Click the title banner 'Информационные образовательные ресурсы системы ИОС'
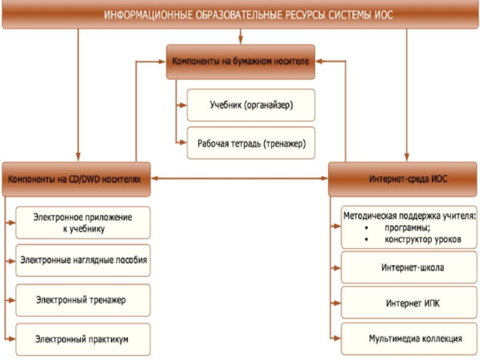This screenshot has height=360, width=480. point(240,14)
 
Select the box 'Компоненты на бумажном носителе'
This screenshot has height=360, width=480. point(240,61)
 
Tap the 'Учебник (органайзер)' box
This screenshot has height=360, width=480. point(251,105)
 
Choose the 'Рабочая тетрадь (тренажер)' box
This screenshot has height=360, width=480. point(251,143)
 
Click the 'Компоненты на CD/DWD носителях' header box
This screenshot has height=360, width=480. point(76,178)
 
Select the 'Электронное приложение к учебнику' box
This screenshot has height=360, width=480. point(83,223)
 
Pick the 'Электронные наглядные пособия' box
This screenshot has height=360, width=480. point(83,260)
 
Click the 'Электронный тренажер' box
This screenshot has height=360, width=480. point(83,299)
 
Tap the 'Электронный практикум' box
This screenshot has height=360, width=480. point(83,339)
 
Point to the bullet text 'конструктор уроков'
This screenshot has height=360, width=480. point(422,239)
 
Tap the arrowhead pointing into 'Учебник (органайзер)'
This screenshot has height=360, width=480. point(184,105)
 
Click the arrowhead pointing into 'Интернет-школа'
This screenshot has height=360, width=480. point(337,268)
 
